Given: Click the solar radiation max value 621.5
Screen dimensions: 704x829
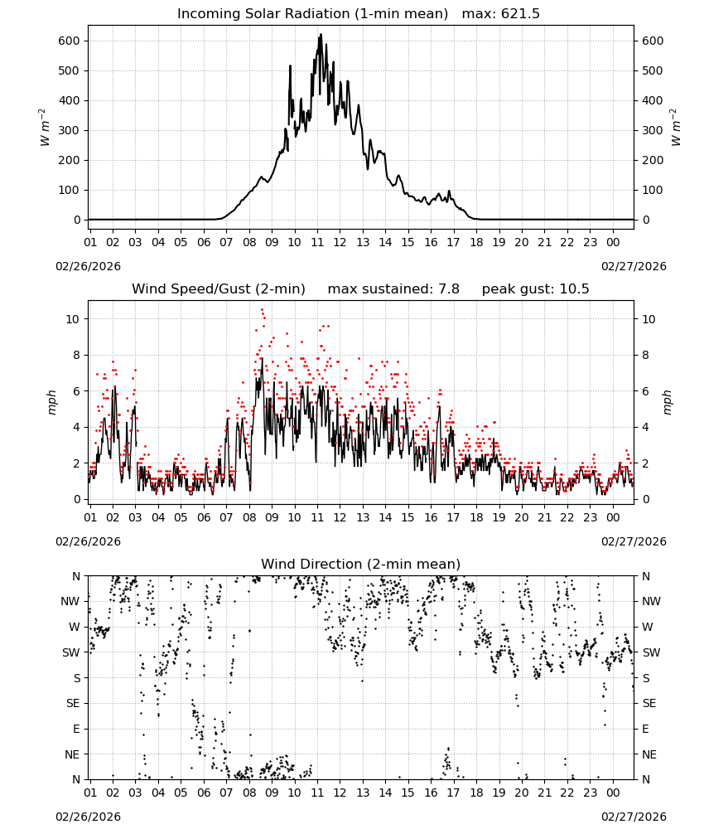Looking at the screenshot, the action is pos(520,14).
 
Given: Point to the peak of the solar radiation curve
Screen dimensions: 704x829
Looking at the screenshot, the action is pos(321,35).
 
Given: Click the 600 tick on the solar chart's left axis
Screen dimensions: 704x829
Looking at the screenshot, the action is pos(70,41).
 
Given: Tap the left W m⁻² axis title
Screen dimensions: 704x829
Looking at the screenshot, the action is pos(45,128).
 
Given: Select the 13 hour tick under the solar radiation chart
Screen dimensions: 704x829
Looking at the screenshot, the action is pos(363,242).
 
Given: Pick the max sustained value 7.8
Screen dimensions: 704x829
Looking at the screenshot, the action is pos(449,289).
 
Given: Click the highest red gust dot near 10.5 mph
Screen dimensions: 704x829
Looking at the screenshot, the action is pos(262,310).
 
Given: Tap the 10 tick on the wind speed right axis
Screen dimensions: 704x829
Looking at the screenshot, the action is pos(648,319).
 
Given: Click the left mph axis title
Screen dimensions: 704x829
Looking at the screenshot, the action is pos(51,402).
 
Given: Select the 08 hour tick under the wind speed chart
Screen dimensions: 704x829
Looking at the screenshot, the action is pos(249,517).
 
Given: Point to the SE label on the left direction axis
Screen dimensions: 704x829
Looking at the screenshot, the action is pos(73,703).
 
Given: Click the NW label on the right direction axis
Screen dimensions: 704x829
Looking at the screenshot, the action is pos(651,601).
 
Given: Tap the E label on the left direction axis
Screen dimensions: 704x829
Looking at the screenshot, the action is pos(76,729).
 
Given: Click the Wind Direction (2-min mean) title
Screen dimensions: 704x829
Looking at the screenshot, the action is pos(361,564).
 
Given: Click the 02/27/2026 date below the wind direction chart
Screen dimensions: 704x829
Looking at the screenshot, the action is pos(634,817).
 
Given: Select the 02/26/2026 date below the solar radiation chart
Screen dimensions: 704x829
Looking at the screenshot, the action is pos(88,266).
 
